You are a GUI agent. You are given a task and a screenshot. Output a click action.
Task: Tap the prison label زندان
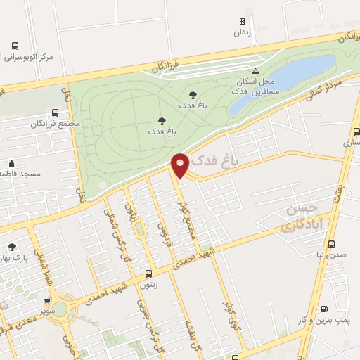[243, 32]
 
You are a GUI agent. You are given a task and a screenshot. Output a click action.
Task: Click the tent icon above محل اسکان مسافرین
[255, 71]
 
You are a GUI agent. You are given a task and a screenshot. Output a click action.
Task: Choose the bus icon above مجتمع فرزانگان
[56, 112]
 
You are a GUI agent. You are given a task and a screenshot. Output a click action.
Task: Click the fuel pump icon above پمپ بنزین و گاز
[323, 308]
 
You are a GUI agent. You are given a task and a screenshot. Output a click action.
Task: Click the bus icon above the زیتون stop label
[148, 274]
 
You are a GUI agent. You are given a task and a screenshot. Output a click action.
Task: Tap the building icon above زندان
[243, 22]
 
